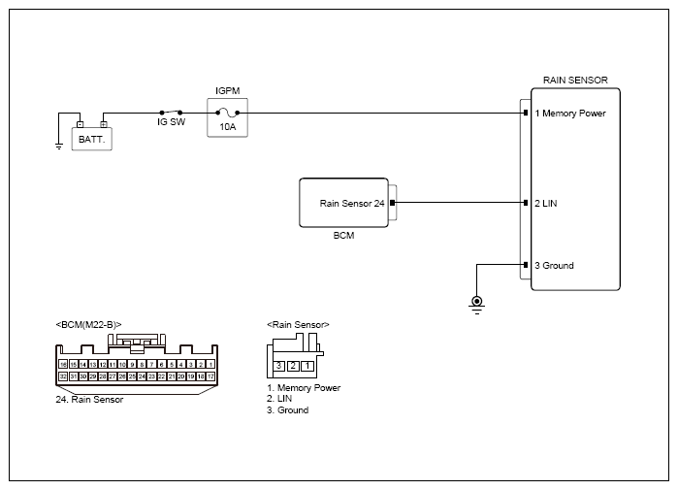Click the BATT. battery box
(94, 139)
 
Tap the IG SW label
(172, 123)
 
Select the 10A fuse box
(227, 117)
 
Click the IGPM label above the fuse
(227, 89)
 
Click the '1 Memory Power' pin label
(570, 114)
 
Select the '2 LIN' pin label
(545, 203)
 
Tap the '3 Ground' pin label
(554, 265)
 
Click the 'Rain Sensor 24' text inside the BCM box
(352, 203)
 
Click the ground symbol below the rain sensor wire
(476, 303)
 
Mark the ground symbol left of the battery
(59, 145)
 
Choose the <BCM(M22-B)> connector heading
(88, 324)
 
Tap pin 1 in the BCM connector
(210, 363)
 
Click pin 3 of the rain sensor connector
(278, 366)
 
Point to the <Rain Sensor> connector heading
(298, 324)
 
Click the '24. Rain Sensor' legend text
(90, 399)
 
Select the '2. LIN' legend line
(281, 399)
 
